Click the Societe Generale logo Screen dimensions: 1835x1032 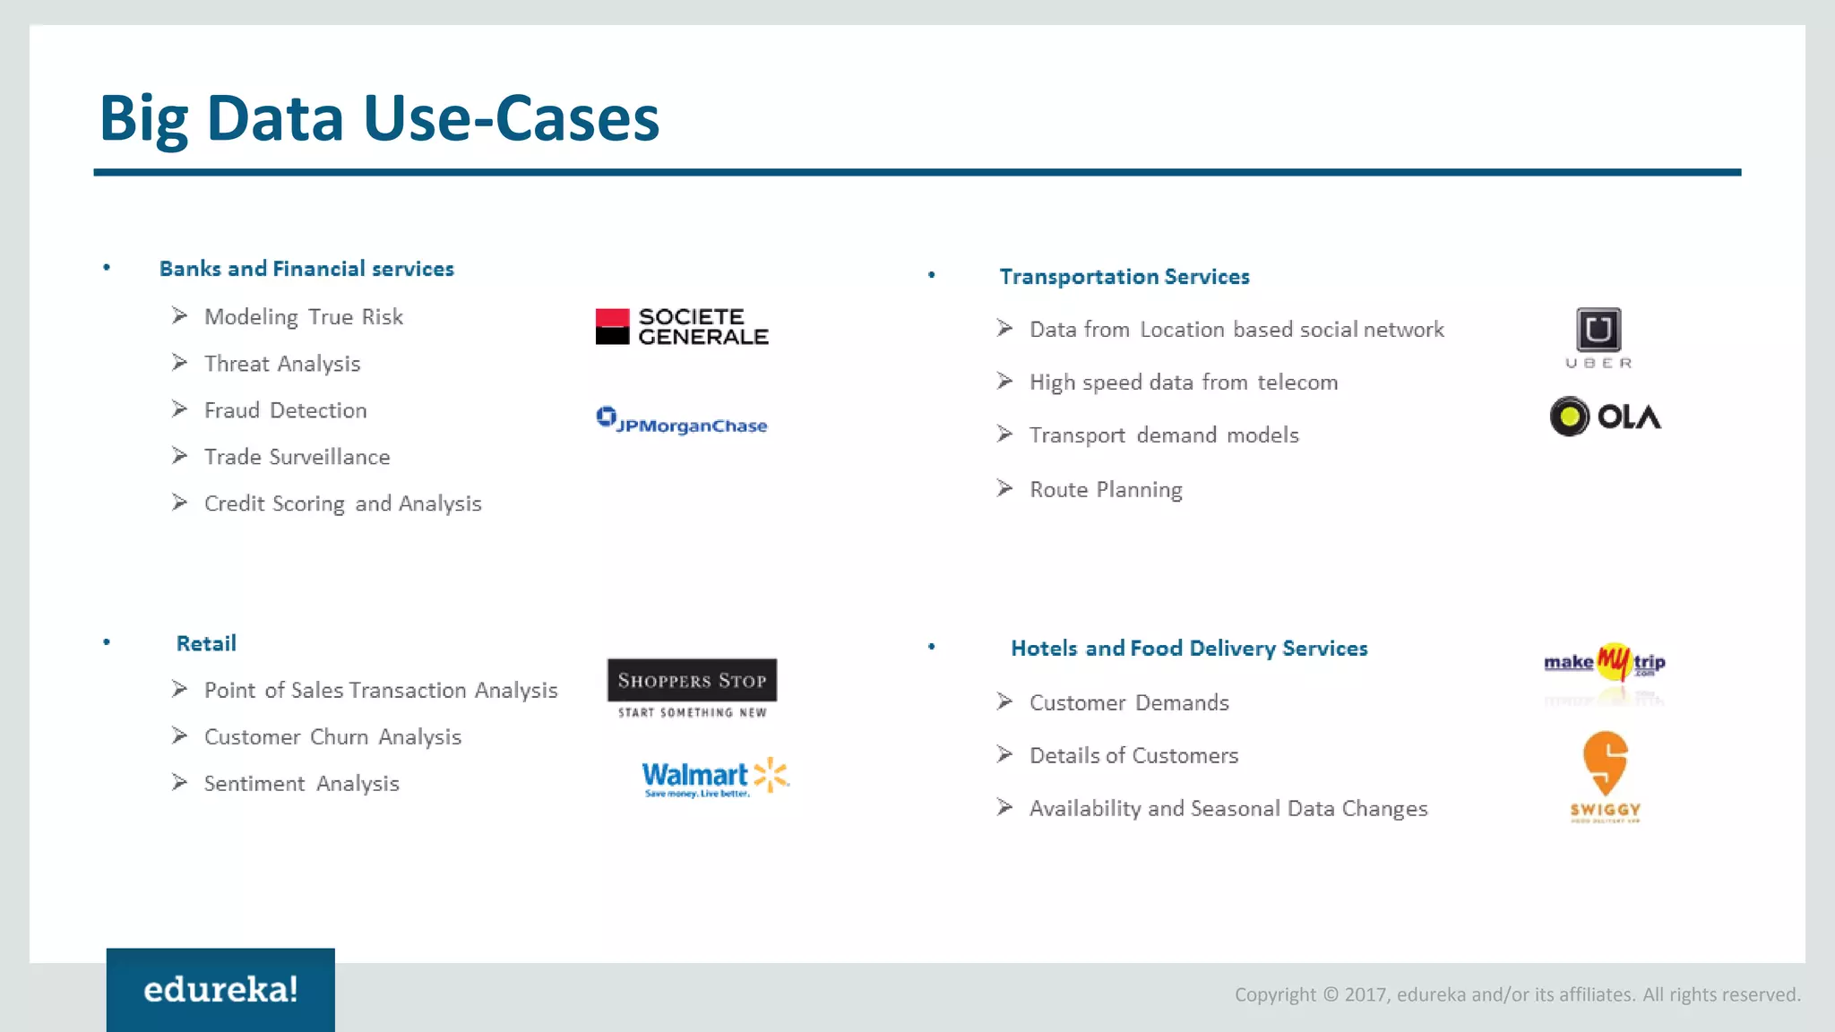(682, 327)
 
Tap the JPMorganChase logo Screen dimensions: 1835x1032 (682, 421)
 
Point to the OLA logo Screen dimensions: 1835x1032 (1605, 417)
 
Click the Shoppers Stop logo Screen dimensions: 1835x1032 (692, 687)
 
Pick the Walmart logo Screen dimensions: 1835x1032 (715, 777)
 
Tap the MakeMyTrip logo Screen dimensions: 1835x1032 (1605, 663)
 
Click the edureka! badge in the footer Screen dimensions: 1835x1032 (220, 990)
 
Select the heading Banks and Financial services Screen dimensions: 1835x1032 (306, 269)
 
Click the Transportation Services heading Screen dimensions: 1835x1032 (1124, 277)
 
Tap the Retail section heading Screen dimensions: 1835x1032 (206, 643)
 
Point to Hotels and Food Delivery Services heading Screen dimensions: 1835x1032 (1189, 649)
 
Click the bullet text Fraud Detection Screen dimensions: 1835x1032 (285, 410)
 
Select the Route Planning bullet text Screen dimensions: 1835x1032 (1106, 489)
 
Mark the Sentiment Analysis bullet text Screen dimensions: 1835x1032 (301, 783)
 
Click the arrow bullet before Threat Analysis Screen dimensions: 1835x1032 (180, 363)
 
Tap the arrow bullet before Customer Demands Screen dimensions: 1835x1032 (1004, 701)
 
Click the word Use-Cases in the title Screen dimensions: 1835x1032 (511, 118)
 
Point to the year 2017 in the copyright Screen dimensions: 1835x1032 (1365, 994)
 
